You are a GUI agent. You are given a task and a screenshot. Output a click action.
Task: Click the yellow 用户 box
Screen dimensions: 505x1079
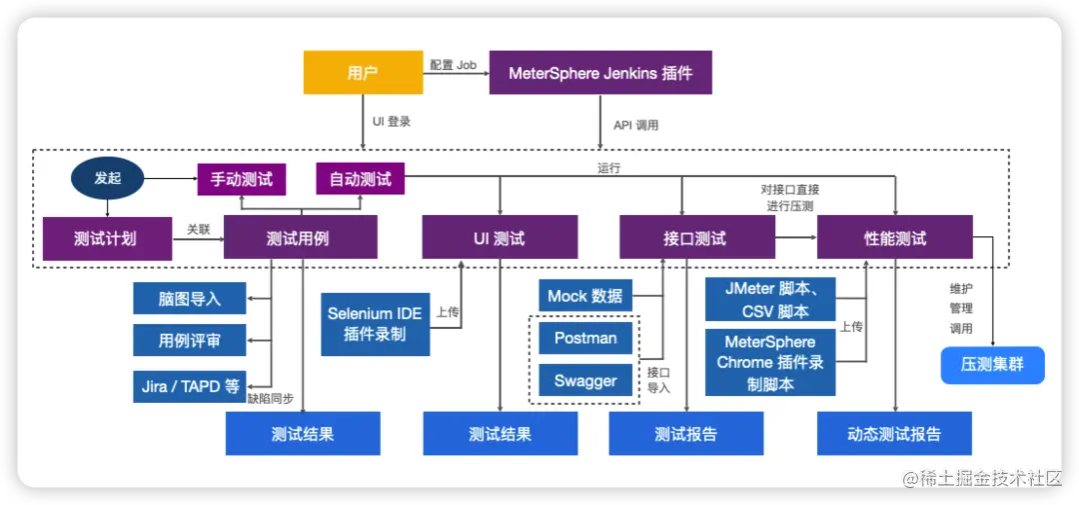click(x=363, y=73)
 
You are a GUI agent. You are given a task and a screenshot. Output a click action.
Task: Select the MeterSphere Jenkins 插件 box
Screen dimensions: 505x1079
click(x=600, y=73)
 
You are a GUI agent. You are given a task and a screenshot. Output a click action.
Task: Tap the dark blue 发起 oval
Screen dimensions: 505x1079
click(x=107, y=179)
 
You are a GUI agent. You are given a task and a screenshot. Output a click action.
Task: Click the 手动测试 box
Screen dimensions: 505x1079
click(x=241, y=180)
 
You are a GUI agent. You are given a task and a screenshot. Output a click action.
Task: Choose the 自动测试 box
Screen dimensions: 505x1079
click(x=361, y=180)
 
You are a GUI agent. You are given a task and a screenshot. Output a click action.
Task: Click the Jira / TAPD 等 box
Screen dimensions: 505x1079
click(x=190, y=386)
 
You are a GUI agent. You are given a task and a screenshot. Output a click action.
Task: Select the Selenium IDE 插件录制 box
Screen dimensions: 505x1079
click(x=376, y=324)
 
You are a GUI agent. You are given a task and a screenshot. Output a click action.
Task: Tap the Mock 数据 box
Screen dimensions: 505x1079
click(x=585, y=295)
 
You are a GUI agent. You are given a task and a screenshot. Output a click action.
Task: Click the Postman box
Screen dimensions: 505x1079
click(x=585, y=338)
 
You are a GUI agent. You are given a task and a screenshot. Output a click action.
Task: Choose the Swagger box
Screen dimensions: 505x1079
click(x=585, y=380)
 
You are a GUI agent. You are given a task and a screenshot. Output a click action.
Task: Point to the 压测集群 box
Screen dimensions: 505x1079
click(x=992, y=365)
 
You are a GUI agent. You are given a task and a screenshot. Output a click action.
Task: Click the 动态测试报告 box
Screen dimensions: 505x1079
click(x=894, y=434)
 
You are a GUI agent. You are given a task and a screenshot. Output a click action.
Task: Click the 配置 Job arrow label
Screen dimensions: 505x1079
click(x=453, y=65)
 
